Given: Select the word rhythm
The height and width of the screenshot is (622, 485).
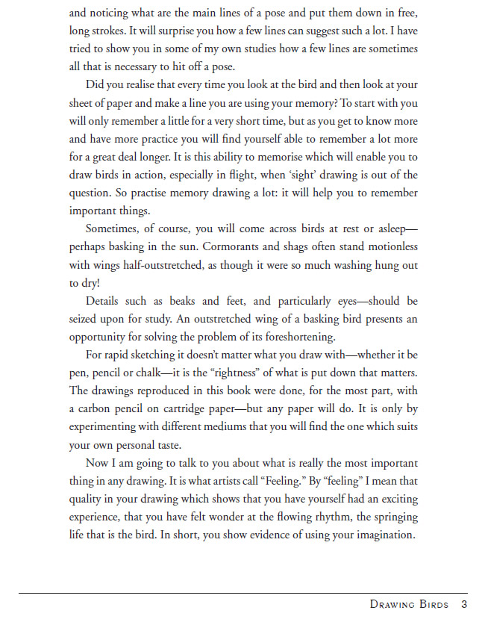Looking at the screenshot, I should (x=336, y=517).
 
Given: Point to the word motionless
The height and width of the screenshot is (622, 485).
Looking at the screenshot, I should (x=390, y=247).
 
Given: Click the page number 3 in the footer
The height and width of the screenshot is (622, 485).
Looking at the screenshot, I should (x=463, y=604).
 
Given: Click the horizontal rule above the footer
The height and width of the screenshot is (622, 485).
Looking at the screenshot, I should (x=242, y=594).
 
